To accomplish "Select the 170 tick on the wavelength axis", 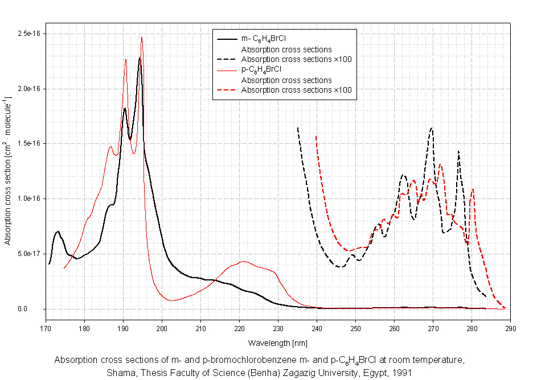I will pyautogui.click(x=46, y=329).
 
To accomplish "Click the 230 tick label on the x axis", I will pyautogui.click(x=278, y=329).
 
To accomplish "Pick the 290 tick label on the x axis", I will pyautogui.click(x=510, y=329).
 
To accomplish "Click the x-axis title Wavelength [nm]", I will pyautogui.click(x=277, y=343).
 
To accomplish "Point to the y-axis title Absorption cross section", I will pyautogui.click(x=8, y=171).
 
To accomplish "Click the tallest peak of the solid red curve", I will pyautogui.click(x=142, y=38).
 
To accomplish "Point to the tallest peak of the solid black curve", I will pyautogui.click(x=140, y=58).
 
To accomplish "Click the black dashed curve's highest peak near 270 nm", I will pyautogui.click(x=432, y=128).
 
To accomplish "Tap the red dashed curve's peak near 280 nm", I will pyautogui.click(x=473, y=189).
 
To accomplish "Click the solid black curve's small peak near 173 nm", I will pyautogui.click(x=58, y=232).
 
